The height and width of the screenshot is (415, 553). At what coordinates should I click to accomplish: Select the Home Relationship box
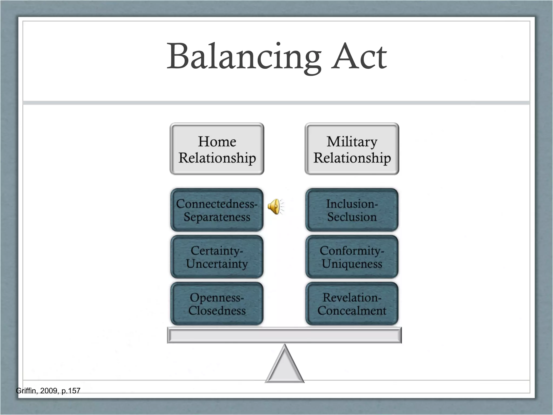click(217, 149)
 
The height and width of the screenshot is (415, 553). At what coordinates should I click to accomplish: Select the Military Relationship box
click(352, 149)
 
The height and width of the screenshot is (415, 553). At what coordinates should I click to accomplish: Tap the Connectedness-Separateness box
click(217, 210)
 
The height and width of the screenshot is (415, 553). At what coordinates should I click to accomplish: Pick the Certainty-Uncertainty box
click(217, 257)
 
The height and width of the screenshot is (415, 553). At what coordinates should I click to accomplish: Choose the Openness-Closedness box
click(217, 304)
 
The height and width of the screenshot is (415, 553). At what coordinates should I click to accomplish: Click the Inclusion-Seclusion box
click(352, 210)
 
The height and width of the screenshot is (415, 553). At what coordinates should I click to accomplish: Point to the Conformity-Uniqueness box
click(352, 257)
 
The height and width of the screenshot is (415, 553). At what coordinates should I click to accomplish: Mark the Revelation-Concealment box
click(352, 304)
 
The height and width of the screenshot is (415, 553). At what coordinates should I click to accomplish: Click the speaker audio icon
click(275, 207)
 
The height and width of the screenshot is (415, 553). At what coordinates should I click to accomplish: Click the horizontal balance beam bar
click(284, 335)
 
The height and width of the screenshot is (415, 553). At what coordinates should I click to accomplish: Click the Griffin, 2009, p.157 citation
click(48, 391)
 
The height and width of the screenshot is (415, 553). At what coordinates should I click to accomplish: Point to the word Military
click(352, 142)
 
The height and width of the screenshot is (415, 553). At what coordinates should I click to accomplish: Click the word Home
click(217, 142)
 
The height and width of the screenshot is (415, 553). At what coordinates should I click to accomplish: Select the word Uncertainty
click(217, 264)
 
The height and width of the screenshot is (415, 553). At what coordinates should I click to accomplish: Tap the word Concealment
click(352, 311)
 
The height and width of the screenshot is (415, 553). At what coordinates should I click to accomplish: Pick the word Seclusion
click(352, 217)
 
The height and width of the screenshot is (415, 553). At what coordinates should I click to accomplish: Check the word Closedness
click(217, 311)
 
